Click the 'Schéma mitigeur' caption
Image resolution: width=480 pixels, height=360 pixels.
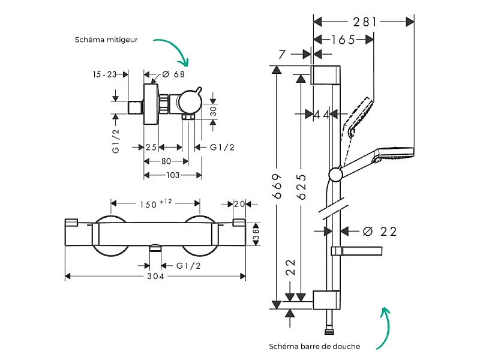click(x=106, y=40)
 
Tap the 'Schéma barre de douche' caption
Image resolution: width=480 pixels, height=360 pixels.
click(x=314, y=346)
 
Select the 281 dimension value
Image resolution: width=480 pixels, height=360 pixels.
click(x=365, y=22)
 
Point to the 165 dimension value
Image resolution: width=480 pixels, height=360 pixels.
click(x=343, y=40)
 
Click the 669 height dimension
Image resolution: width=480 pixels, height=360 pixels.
click(x=277, y=186)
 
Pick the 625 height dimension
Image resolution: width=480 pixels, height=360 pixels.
click(x=301, y=187)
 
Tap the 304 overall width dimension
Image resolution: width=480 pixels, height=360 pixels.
click(x=155, y=276)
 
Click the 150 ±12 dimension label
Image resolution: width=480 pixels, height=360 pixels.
click(x=156, y=203)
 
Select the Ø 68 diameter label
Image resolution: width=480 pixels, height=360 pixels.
click(x=173, y=74)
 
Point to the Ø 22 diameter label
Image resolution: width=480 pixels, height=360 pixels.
click(x=380, y=232)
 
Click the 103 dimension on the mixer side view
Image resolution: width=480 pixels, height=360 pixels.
click(x=173, y=175)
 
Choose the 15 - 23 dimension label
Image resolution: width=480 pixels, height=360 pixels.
click(x=104, y=74)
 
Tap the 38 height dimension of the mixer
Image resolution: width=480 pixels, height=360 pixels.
click(x=256, y=234)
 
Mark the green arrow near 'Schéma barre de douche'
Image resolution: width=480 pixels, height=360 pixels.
click(x=384, y=328)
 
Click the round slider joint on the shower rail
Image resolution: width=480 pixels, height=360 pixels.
click(x=336, y=175)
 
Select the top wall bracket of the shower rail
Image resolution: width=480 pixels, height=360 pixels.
click(x=325, y=74)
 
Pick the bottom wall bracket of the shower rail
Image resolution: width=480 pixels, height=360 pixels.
click(x=326, y=299)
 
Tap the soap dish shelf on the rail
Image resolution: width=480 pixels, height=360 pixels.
click(x=356, y=251)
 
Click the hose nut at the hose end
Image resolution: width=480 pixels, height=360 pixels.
click(x=329, y=332)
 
